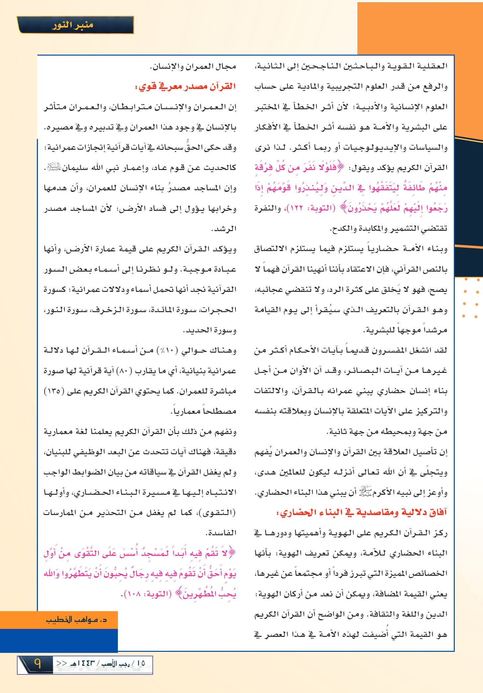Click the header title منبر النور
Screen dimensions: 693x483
72,25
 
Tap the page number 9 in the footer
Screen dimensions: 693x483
37,664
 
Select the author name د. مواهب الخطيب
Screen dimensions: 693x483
76,619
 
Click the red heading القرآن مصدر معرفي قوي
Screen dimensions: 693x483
187,87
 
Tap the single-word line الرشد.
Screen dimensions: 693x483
224,229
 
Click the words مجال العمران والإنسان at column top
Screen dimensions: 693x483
193,66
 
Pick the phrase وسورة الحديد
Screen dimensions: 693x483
209,330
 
